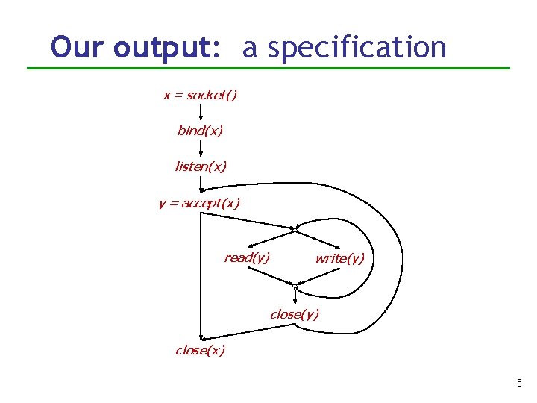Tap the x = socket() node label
tap(200, 95)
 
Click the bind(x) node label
tap(200, 131)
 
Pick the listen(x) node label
tap(200, 166)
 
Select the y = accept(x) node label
tap(199, 202)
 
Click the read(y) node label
tap(247, 257)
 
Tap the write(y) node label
tap(340, 258)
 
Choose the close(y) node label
tap(295, 314)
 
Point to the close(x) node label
tap(200, 350)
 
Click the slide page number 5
tap(519, 384)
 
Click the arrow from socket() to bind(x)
tap(201, 112)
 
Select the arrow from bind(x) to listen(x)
tap(201, 148)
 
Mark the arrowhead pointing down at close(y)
tap(295, 301)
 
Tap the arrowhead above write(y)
tap(338, 246)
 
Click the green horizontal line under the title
tap(268, 69)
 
